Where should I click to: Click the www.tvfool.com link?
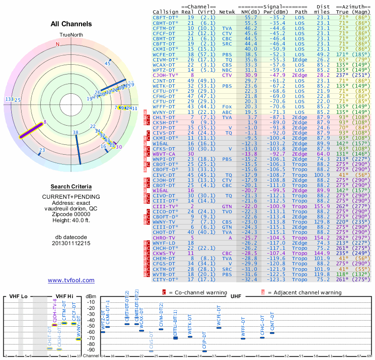pos(71,280)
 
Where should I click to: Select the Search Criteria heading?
pos(71,187)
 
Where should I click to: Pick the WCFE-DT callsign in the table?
pos(164,54)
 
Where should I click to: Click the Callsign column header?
pos(165,12)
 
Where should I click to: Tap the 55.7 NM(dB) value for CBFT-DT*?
pos(250,18)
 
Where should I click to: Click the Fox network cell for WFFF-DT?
pos(227,106)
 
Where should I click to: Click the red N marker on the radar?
pos(58,44)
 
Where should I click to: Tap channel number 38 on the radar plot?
pos(75,133)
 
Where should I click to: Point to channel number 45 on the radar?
pos(107,63)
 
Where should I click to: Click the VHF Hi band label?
pos(65,297)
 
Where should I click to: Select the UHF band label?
pos(236,297)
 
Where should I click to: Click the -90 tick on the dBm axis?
pos(90,350)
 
